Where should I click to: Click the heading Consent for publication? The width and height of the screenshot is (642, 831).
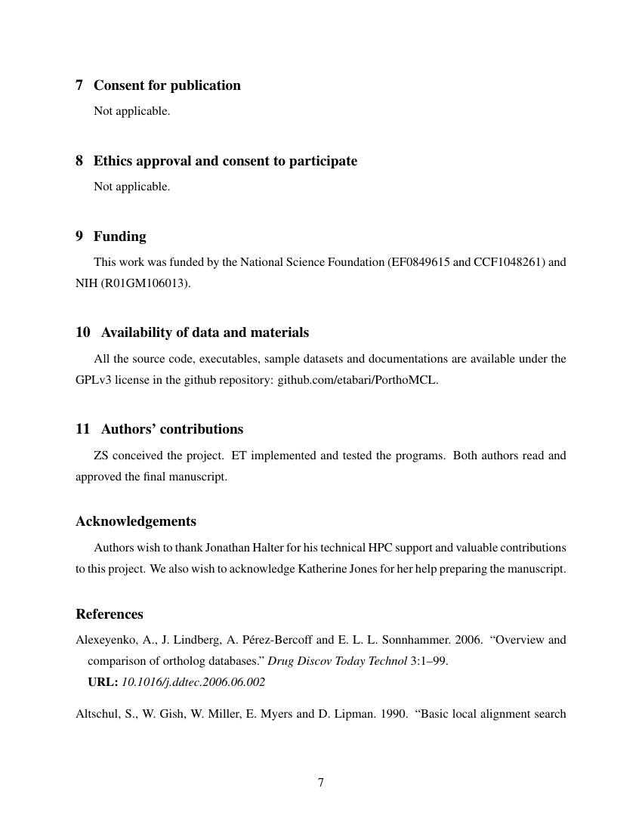point(167,85)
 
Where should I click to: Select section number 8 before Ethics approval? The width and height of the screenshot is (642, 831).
point(79,161)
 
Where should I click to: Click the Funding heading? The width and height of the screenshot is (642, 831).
point(119,236)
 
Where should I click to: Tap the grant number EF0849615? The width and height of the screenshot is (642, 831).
point(419,263)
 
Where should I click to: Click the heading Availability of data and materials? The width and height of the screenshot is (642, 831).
point(205,332)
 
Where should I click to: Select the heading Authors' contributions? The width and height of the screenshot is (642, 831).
point(171,429)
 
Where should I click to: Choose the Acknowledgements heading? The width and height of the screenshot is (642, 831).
point(136,521)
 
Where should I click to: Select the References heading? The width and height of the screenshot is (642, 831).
point(110,613)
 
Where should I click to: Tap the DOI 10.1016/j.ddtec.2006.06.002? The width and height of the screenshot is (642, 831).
point(193,681)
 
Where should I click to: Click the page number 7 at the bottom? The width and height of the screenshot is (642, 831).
point(321,783)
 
